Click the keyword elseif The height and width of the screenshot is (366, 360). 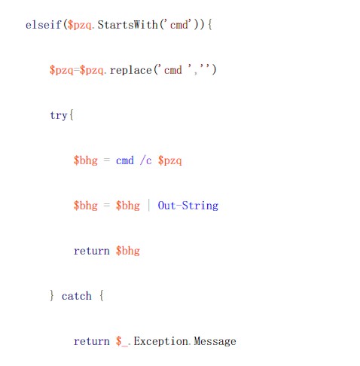tap(44, 25)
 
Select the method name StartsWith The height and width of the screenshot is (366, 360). tap(127, 25)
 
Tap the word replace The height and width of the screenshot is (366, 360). tap(131, 70)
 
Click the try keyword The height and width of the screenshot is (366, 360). tap(59, 115)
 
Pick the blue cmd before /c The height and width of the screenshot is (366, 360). tap(125, 160)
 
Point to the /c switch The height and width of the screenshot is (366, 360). tap(145, 160)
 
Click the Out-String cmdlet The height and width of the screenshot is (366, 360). tap(188, 206)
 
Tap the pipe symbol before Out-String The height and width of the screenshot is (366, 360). tap(149, 205)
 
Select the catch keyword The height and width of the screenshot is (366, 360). tap(77, 296)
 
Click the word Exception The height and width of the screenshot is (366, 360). tap(160, 341)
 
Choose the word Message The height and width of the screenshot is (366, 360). tap(215, 341)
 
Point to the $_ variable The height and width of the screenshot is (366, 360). tap(122, 341)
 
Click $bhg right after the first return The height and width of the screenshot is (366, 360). tap(128, 251)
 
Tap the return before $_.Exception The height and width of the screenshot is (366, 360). tap(92, 341)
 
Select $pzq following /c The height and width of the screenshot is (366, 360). tap(169, 160)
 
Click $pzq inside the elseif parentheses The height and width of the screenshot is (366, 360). tap(79, 25)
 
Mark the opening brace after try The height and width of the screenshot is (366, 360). tap(72, 115)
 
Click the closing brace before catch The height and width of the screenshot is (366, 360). tap(52, 296)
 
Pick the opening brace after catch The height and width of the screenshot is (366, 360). tap(102, 296)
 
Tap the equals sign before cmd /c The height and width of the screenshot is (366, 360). tap(107, 160)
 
